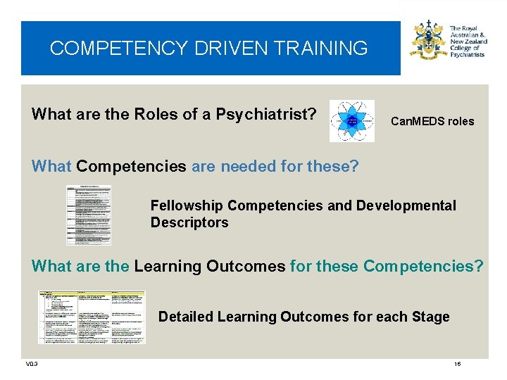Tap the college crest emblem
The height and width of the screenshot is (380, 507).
428,41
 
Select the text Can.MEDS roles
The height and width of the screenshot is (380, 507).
432,121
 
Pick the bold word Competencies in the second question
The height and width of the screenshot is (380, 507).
131,167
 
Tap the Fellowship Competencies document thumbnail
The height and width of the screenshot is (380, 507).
88,215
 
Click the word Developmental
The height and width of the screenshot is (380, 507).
406,205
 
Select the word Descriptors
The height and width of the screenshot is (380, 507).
189,222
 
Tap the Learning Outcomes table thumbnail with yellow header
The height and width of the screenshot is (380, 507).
92,317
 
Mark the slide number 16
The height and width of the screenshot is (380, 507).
457,364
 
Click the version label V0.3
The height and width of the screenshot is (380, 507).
31,364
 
